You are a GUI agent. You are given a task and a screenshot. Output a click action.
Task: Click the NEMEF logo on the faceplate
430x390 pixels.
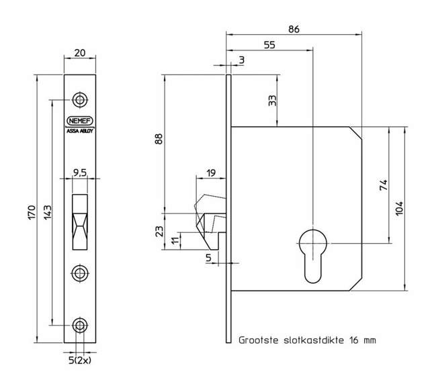click(x=81, y=121)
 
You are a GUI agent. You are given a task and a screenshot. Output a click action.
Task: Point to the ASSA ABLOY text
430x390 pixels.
click(x=81, y=131)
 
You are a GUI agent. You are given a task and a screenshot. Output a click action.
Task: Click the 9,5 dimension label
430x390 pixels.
click(x=80, y=173)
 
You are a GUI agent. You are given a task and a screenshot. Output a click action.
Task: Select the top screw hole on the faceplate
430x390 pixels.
click(x=81, y=100)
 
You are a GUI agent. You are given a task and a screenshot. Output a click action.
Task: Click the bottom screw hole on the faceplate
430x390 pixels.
click(x=81, y=326)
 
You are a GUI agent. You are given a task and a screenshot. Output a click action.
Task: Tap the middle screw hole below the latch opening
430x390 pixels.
click(x=81, y=273)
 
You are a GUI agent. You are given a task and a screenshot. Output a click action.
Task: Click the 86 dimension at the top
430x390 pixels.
click(x=293, y=29)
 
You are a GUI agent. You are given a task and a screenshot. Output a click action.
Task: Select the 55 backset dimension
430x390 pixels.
click(x=269, y=46)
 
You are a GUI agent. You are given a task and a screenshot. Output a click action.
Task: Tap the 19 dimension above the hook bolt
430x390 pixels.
click(x=210, y=173)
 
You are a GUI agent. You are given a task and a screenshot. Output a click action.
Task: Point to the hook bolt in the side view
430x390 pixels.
click(x=210, y=215)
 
